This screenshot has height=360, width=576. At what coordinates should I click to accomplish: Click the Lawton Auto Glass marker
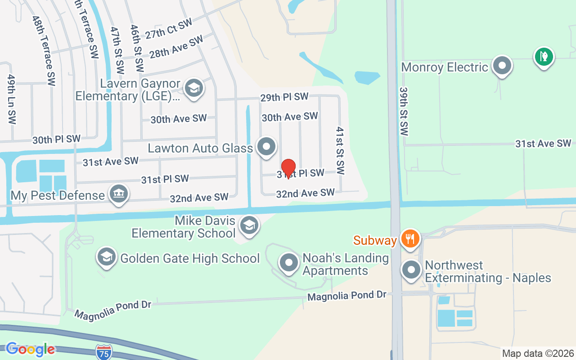click(x=266, y=147)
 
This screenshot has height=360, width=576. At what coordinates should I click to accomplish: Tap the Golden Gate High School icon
click(x=106, y=257)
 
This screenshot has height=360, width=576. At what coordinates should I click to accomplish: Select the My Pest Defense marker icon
click(x=119, y=194)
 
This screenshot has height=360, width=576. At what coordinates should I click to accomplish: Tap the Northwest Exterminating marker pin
click(x=411, y=270)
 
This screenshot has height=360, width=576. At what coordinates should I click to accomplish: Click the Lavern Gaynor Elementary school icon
click(x=194, y=88)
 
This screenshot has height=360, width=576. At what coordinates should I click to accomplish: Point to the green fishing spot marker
click(x=544, y=57)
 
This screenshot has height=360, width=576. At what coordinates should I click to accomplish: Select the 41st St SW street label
click(x=340, y=151)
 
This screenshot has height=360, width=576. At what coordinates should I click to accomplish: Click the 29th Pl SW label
click(x=284, y=97)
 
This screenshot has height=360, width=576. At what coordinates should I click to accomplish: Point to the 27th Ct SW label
click(x=169, y=28)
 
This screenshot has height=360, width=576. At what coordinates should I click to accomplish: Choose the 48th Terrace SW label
click(x=44, y=50)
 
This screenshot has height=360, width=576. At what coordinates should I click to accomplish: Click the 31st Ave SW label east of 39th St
click(x=543, y=144)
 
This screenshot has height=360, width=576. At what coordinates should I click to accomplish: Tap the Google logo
click(x=30, y=349)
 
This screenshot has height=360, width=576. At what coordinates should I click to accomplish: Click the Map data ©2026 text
click(x=538, y=353)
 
